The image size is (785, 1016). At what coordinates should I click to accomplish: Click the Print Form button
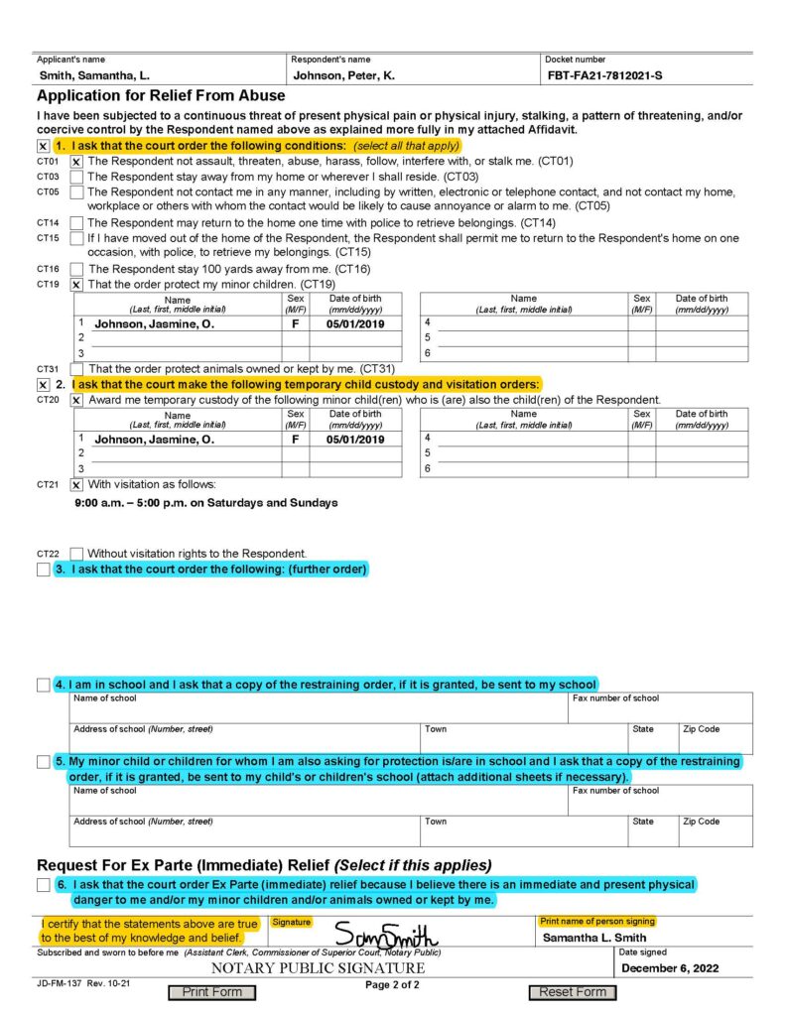point(211,991)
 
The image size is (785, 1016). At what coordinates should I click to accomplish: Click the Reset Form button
point(573,991)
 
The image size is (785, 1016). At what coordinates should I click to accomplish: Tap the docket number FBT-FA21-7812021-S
point(605,75)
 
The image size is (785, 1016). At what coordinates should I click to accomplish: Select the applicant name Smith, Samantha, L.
point(94,75)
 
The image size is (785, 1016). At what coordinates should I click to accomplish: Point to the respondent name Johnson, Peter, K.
point(342,75)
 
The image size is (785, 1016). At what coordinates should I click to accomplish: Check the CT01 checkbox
point(76,161)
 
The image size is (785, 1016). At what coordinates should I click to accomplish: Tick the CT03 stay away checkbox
point(76,177)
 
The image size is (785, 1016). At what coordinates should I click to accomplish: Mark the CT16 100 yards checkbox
point(76,269)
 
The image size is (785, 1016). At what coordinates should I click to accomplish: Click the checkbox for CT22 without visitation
point(76,554)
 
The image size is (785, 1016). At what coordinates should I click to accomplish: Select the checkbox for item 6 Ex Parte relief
point(43,885)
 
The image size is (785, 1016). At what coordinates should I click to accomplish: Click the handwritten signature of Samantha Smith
point(386,935)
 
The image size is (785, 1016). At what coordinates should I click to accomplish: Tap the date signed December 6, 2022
point(669,968)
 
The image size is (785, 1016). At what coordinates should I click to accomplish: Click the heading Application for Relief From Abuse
point(161,96)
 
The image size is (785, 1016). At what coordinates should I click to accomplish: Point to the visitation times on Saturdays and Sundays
point(206,503)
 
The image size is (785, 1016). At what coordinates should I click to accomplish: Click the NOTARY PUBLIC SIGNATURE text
point(318,968)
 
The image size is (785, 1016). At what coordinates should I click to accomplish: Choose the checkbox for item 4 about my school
point(43,685)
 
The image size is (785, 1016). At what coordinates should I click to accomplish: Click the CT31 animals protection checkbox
point(76,369)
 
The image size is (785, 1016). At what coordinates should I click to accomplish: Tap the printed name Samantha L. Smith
point(594,938)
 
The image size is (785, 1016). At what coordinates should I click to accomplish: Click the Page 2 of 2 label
point(393,985)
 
